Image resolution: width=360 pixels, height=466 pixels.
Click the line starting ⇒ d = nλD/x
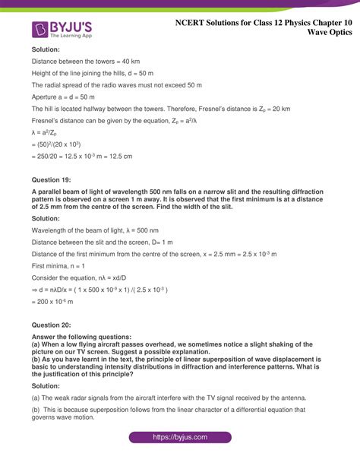tap(99, 290)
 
